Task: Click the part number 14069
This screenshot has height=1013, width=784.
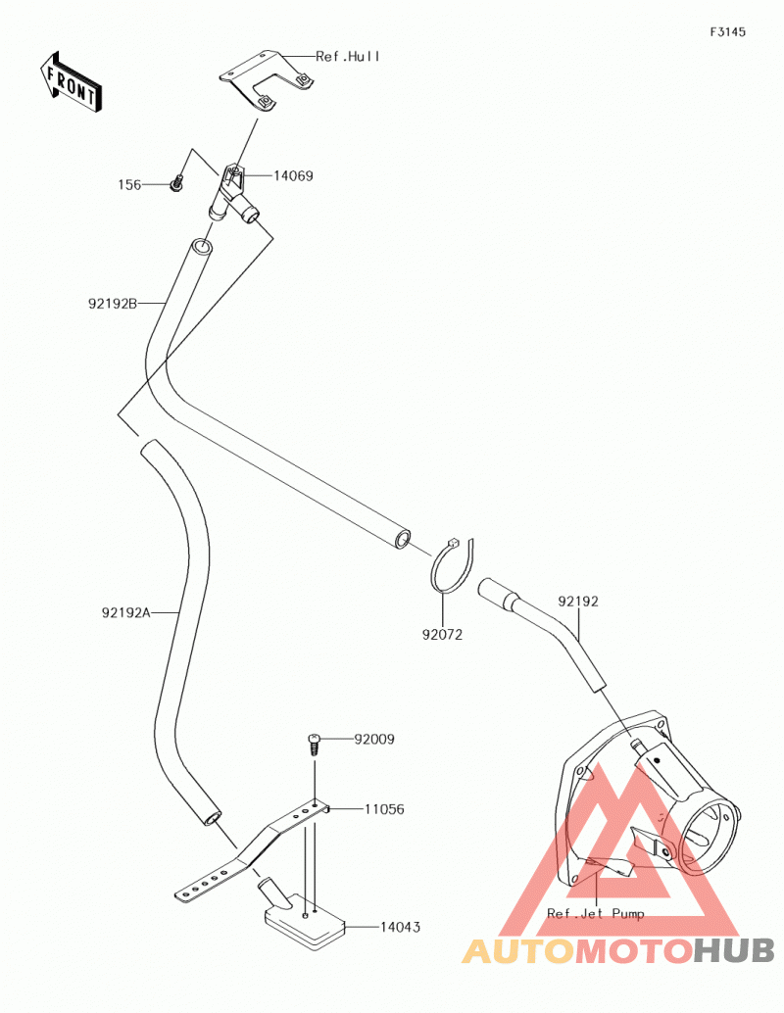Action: point(293,175)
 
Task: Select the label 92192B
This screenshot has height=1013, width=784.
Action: point(113,303)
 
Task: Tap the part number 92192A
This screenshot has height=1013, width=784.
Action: point(125,612)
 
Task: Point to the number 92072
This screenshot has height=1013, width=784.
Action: point(442,635)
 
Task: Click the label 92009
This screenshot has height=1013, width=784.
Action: point(373,739)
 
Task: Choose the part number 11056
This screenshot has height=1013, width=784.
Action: point(384,809)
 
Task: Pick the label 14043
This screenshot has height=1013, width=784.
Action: point(400,927)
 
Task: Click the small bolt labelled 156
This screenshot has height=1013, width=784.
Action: point(176,185)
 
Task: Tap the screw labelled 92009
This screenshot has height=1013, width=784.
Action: point(315,745)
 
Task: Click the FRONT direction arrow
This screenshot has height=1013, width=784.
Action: point(71,83)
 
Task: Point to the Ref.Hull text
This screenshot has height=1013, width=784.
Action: point(348,57)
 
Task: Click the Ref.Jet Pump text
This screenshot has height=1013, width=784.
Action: point(595,913)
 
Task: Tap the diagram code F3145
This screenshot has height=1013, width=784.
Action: point(728,31)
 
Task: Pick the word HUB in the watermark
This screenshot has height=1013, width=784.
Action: point(734,950)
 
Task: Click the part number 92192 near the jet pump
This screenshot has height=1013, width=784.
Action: point(578,602)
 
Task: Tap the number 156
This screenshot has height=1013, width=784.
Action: point(129,185)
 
